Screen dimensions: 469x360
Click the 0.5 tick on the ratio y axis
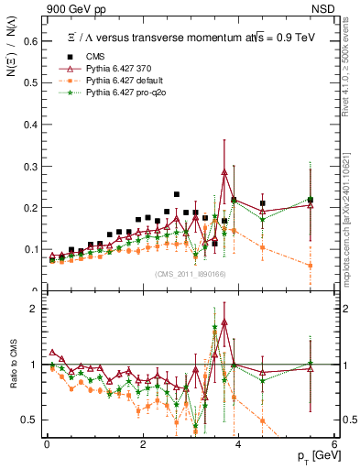point(27,420)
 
